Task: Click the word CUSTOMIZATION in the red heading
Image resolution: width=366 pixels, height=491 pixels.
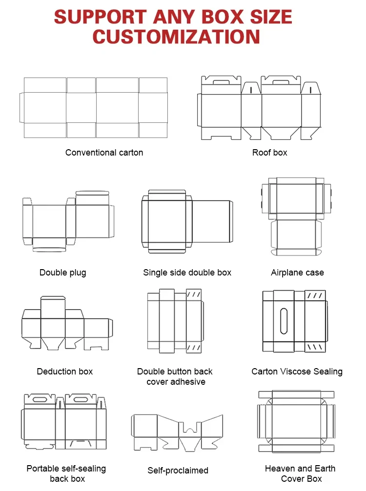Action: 176,37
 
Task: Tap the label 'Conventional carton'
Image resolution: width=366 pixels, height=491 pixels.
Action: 104,153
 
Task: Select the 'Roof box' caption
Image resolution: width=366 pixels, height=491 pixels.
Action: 269,153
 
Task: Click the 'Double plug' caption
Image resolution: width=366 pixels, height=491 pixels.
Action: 62,273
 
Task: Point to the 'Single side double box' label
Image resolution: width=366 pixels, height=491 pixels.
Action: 187,273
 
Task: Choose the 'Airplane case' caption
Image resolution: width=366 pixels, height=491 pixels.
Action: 297,273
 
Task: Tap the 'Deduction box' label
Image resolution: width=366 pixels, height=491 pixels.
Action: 65,372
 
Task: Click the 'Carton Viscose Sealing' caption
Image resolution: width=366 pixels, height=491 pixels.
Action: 297,372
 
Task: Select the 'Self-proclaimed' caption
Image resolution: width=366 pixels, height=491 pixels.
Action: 178,471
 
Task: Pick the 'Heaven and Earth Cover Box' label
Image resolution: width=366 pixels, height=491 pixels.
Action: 300,473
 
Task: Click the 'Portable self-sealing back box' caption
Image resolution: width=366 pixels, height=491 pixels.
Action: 66,473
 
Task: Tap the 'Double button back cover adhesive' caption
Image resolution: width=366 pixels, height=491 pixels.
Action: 175,376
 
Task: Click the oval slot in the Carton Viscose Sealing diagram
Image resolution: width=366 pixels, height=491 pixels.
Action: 284,321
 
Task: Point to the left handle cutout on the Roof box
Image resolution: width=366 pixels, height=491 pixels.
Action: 221,82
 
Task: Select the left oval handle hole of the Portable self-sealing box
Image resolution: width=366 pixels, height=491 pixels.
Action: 40,399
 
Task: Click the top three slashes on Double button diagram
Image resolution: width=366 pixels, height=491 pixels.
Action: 193,295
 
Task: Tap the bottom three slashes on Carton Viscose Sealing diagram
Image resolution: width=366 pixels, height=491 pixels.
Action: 315,347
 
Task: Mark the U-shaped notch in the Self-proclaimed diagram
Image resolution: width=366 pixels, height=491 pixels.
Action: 190,428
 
